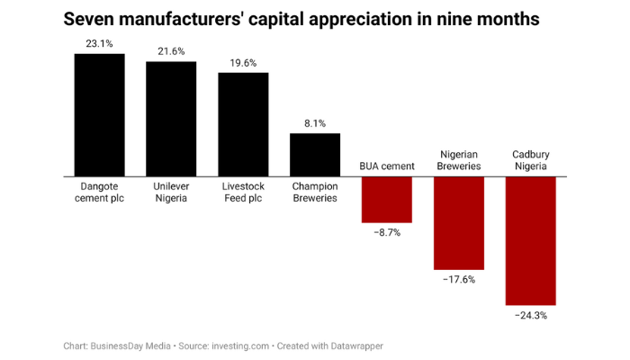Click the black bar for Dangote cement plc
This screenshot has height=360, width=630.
click(x=99, y=115)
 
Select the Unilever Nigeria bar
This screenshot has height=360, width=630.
click(x=171, y=119)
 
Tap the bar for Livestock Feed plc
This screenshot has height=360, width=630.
click(x=243, y=124)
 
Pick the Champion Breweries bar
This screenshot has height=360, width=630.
click(x=315, y=155)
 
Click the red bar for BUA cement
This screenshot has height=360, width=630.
click(x=387, y=199)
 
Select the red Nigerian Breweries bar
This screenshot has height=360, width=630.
click(x=459, y=222)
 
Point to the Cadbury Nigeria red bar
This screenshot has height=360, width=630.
click(x=531, y=240)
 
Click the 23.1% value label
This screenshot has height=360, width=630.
click(x=99, y=42)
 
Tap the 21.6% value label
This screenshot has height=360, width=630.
click(x=171, y=51)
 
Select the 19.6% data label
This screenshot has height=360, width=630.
click(x=243, y=63)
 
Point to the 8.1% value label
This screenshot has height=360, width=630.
click(x=315, y=124)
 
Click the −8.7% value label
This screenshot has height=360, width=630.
click(x=387, y=232)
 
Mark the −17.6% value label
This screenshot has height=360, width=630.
click(x=459, y=280)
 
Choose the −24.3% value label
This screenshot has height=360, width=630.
click(x=531, y=316)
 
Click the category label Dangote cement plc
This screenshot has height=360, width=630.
click(x=99, y=192)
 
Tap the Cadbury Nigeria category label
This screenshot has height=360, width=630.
click(x=531, y=160)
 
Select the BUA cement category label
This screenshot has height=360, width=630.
click(x=387, y=166)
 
